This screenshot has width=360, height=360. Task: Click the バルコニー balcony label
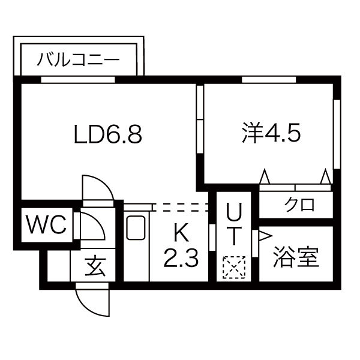coord(79,60)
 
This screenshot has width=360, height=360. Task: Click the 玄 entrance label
coord(94,265)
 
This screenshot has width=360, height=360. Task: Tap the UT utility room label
coord(234,224)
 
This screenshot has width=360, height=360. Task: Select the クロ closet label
coord(299,205)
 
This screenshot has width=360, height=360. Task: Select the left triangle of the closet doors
coord(264,178)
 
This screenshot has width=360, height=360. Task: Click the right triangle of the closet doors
coord(325,178)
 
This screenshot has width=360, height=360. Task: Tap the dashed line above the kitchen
coord(180,207)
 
